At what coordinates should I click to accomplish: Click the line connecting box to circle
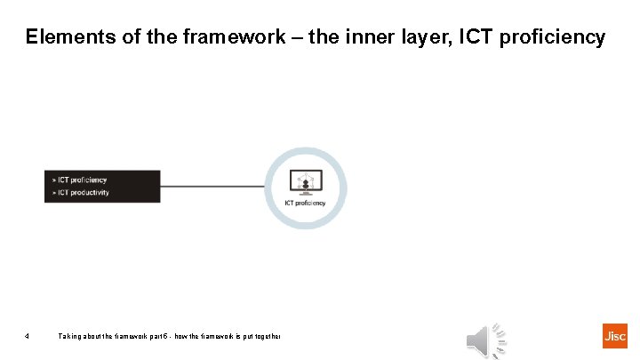click(x=213, y=187)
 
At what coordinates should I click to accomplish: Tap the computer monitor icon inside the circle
click(x=305, y=184)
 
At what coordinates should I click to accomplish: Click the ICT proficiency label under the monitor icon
click(x=305, y=204)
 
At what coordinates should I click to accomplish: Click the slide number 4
click(x=28, y=336)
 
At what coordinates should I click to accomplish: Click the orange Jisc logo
click(x=614, y=336)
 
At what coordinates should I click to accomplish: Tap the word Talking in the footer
click(x=71, y=336)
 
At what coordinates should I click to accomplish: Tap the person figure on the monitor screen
click(x=305, y=184)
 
